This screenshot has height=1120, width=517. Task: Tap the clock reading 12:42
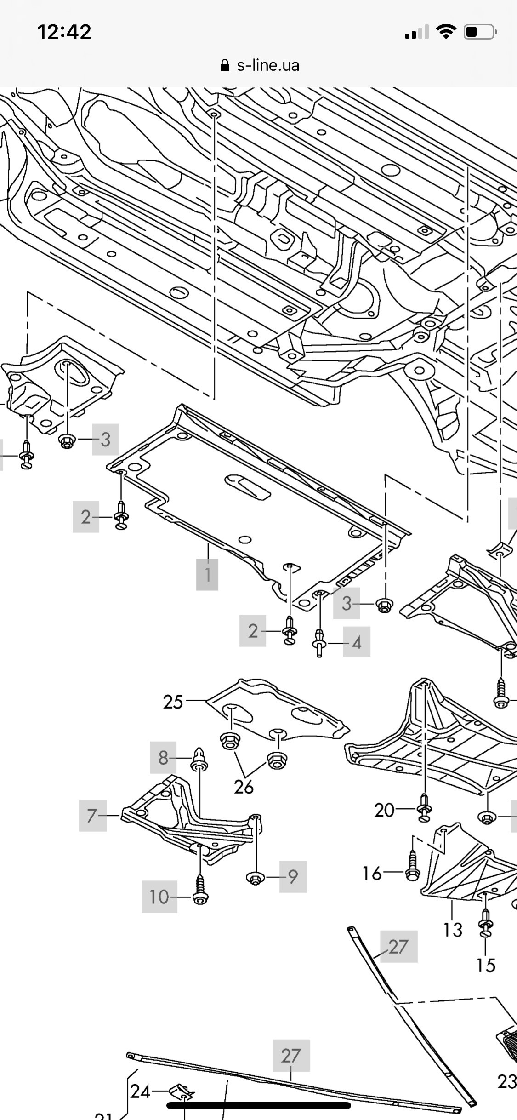point(64,32)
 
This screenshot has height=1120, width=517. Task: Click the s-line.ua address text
point(268,65)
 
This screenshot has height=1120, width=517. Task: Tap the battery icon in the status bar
point(480,32)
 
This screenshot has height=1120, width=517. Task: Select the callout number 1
point(207,574)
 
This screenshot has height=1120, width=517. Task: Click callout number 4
point(357,642)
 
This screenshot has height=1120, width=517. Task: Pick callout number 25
point(173,702)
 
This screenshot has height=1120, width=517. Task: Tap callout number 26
point(244,787)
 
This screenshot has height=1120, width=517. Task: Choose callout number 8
point(163,757)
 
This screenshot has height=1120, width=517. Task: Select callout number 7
point(92,816)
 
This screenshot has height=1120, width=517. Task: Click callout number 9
point(293,877)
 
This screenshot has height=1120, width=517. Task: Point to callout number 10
point(159,897)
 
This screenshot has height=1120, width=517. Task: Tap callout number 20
point(384,810)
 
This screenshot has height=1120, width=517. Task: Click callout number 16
point(372,872)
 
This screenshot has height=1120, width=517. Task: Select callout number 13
point(453,929)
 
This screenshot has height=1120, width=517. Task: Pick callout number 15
point(486,965)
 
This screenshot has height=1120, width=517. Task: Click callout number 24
point(140,1091)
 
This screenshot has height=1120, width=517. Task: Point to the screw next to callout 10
point(200,891)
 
